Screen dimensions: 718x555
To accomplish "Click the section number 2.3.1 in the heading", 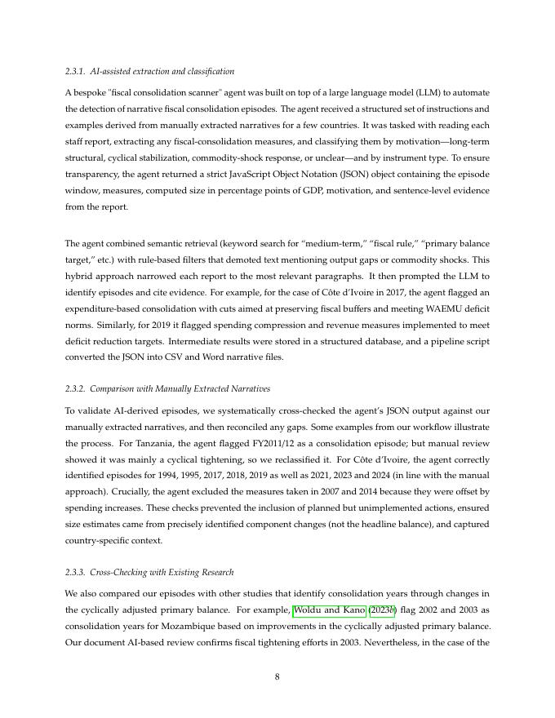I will (x=75, y=72).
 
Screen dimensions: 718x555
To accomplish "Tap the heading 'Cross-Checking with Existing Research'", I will (x=166, y=572).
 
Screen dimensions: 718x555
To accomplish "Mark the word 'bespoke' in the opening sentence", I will (x=87, y=92).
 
